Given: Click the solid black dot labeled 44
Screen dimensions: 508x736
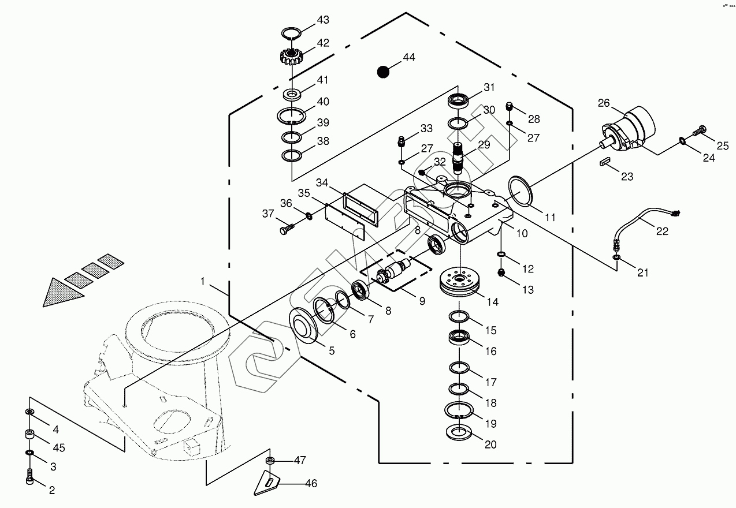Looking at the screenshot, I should pyautogui.click(x=382, y=72).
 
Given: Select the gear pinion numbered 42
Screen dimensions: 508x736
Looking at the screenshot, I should pyautogui.click(x=292, y=57).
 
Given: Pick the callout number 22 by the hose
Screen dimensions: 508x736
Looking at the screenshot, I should pyautogui.click(x=661, y=231).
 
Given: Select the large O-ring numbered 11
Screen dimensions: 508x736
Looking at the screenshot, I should pyautogui.click(x=522, y=192).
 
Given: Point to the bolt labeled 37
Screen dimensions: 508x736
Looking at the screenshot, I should pyautogui.click(x=287, y=230).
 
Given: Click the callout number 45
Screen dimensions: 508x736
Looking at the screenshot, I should pyautogui.click(x=59, y=449).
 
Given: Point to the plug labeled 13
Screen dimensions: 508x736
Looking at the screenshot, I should pyautogui.click(x=502, y=272).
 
